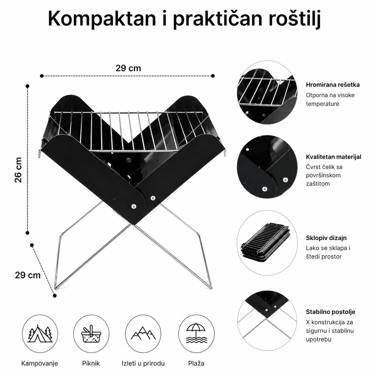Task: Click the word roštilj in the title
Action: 294,19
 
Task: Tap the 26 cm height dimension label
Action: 18,170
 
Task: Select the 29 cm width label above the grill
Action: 128,68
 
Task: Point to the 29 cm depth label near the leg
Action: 28,275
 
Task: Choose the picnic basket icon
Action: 91,334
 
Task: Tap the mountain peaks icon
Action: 143,333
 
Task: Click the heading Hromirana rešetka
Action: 333,85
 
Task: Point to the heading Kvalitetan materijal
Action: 333,157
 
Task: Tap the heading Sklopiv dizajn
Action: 326,238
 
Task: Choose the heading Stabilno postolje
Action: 330,312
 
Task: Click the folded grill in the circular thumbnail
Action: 265,243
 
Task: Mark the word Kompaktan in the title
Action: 102,19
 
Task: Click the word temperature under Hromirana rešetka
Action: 322,104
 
